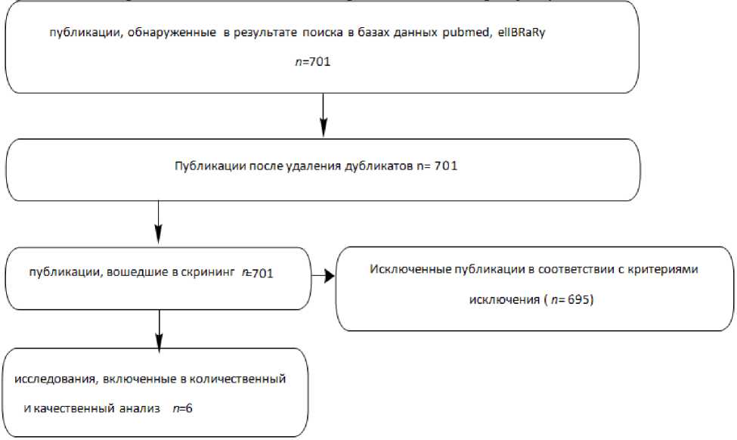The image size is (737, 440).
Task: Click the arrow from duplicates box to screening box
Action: click(x=159, y=222)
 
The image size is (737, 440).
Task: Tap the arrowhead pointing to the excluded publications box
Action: click(x=329, y=277)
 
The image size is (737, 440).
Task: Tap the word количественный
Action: click(x=241, y=379)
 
